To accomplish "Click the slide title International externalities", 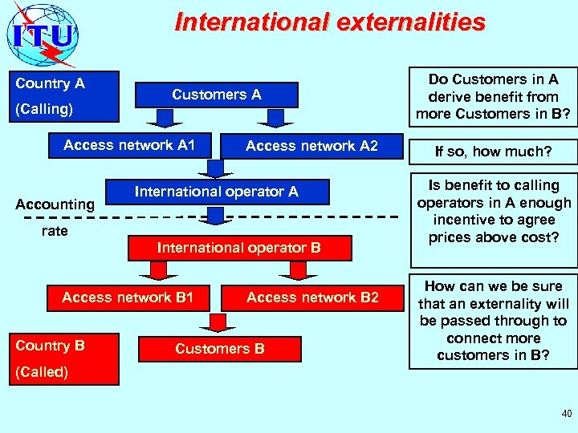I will click(x=329, y=22).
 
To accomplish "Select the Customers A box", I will click(x=216, y=95).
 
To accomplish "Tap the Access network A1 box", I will click(x=129, y=145).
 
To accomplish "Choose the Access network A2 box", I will click(x=311, y=146).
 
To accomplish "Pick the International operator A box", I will click(x=216, y=192).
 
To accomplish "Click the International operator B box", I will click(x=238, y=248).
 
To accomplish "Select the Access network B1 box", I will click(x=128, y=297).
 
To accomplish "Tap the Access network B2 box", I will click(x=312, y=297).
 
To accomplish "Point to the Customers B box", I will click(x=219, y=349).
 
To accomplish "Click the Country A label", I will click(x=50, y=83).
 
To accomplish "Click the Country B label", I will click(x=50, y=346).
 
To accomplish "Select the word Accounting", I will click(x=55, y=204).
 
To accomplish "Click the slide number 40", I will click(x=567, y=414).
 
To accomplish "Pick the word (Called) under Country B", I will click(x=42, y=372).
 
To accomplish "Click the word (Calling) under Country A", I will click(x=44, y=109).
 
